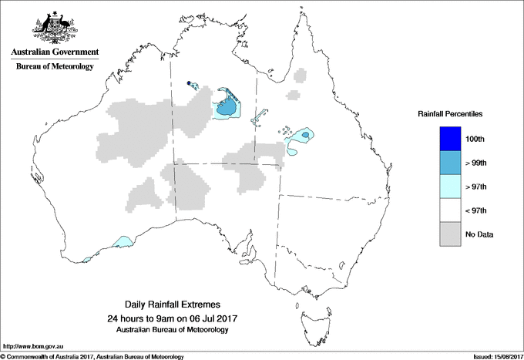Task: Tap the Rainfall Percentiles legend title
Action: [x=450, y=113]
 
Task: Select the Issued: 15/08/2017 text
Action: [x=494, y=356]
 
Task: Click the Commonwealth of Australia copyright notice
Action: [x=92, y=356]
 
